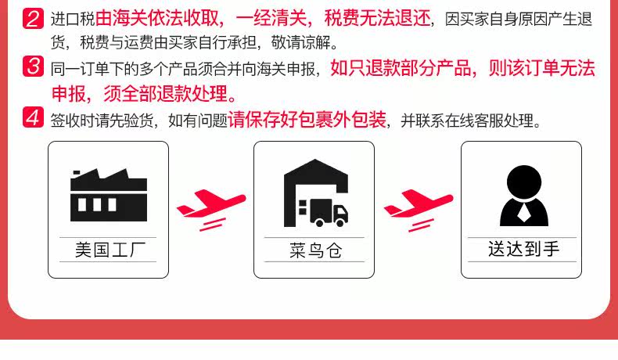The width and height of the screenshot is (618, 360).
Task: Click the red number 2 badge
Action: click(x=33, y=19)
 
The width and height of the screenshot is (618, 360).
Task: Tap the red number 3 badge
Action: click(x=33, y=67)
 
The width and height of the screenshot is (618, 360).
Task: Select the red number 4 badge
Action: click(x=33, y=117)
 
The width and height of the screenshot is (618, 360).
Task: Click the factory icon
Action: click(x=109, y=195)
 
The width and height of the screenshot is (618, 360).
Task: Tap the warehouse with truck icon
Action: click(x=316, y=193)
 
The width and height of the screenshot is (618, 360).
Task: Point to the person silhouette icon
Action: click(x=524, y=196)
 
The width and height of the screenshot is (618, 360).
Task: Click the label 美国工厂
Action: click(x=110, y=250)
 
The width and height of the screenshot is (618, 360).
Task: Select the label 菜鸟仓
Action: click(x=316, y=250)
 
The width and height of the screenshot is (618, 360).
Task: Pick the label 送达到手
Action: click(x=524, y=249)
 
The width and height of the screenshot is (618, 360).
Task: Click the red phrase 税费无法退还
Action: click(x=377, y=18)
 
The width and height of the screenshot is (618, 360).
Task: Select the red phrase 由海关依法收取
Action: click(x=157, y=18)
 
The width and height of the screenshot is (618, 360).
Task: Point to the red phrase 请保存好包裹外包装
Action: click(x=307, y=120)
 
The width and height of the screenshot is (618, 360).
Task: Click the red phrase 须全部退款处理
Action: click(x=166, y=93)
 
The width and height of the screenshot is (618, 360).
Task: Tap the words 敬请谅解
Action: click(x=300, y=42)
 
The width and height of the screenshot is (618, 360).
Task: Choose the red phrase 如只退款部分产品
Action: click(x=401, y=68)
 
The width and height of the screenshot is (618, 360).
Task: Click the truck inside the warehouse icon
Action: click(x=324, y=212)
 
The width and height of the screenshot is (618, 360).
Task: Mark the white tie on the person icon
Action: click(x=523, y=213)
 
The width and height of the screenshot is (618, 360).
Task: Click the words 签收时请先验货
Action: click(x=102, y=121)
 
